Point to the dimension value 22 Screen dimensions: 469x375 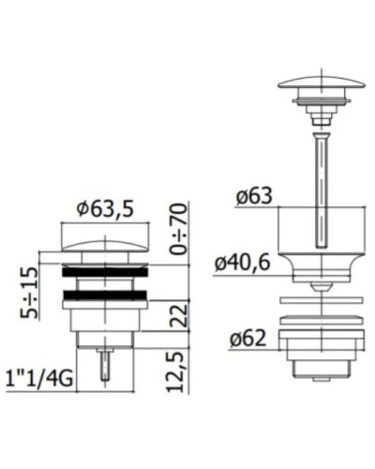tap(179, 316)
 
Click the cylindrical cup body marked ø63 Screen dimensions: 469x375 tap(320, 230)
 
